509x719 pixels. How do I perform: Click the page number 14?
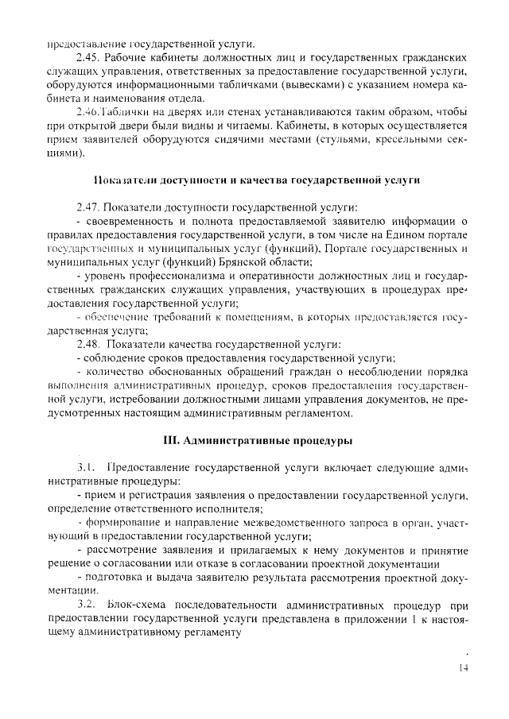(x=464, y=668)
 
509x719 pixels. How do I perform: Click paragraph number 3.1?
(x=86, y=467)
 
